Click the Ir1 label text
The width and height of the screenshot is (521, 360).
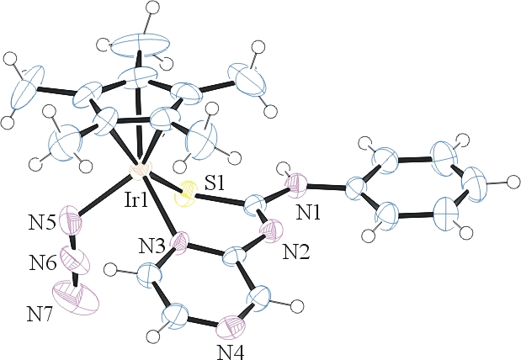click(136, 201)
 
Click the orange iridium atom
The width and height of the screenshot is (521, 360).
click(140, 171)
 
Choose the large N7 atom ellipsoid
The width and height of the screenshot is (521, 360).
click(76, 297)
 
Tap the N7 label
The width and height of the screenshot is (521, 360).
click(40, 315)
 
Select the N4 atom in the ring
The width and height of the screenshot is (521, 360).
click(231, 327)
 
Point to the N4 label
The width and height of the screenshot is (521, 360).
click(231, 352)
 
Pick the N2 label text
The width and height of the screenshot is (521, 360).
click(296, 252)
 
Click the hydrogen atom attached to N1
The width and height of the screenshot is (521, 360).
click(284, 167)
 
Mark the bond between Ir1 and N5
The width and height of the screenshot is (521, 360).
click(104, 196)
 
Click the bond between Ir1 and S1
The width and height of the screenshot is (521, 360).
click(163, 183)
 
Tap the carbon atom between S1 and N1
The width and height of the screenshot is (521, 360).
click(256, 207)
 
